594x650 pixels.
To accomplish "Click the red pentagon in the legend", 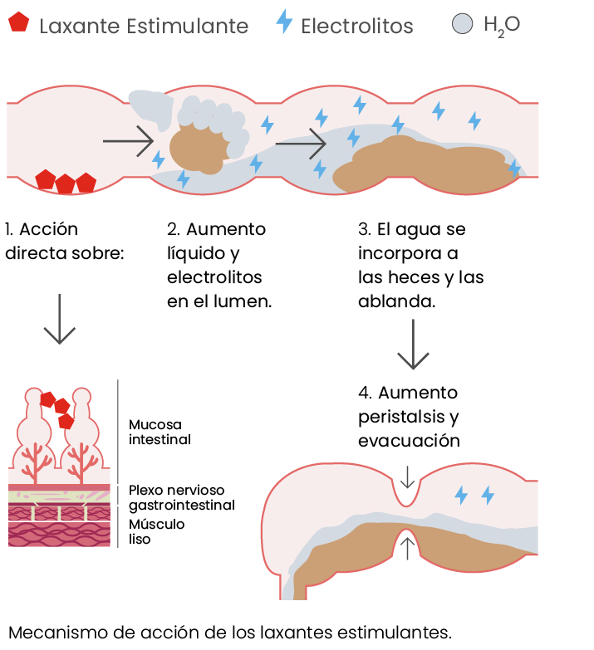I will pos(19,23).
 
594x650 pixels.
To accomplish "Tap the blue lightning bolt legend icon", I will pos(284,22).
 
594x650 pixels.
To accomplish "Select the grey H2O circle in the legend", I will pos(463,23).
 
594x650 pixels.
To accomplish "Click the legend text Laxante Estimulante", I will pos(144,26).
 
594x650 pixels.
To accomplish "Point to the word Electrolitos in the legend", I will pos(357,26).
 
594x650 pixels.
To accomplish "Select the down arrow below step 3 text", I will pos(412,345).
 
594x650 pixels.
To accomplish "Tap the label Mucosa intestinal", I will pos(160,432).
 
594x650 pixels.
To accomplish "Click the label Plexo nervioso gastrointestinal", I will pos(181,497).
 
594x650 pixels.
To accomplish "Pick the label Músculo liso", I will pos(156,531).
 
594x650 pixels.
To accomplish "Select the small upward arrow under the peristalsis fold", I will pos(407,548).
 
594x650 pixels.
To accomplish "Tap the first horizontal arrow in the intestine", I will pos(128,141).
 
